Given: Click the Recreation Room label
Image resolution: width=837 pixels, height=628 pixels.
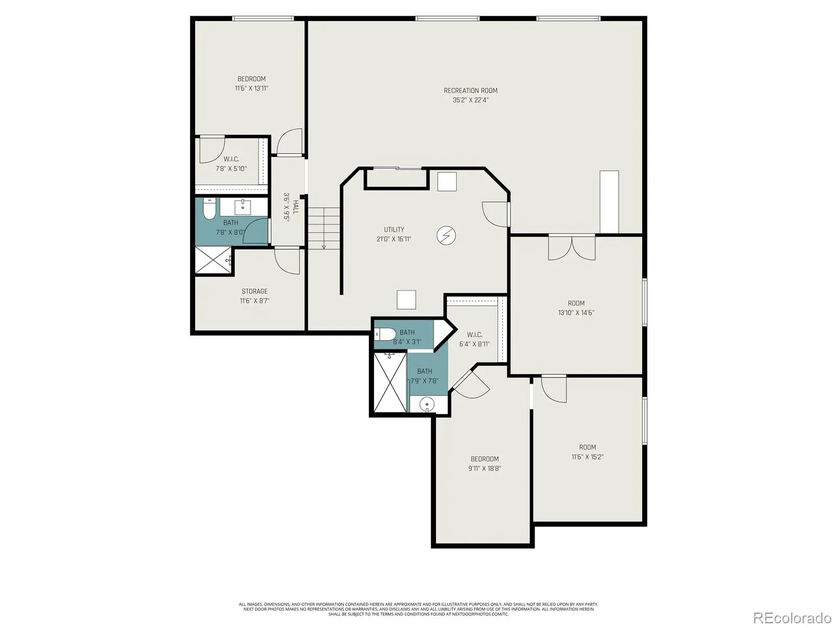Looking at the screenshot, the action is click(x=470, y=91).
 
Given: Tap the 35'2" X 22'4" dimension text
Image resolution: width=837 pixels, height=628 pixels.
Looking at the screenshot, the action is click(x=470, y=100).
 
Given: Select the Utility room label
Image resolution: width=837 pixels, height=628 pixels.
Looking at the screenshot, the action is click(x=394, y=230).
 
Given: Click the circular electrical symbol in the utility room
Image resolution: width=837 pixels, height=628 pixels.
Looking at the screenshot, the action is click(x=446, y=235).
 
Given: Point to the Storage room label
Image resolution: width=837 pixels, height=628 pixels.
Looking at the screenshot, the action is click(x=254, y=291).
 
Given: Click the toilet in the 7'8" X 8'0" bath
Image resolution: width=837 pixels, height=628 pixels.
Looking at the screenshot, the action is click(x=209, y=208).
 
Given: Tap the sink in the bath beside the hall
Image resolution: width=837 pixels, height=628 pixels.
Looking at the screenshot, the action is click(x=243, y=207).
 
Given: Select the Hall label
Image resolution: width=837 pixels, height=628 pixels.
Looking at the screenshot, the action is click(x=296, y=207).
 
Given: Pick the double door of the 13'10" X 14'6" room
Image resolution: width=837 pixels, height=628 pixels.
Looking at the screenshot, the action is click(x=572, y=248).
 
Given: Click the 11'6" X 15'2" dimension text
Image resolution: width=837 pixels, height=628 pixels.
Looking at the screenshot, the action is click(x=587, y=457).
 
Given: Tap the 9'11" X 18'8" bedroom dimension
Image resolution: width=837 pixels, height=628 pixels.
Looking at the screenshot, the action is click(x=484, y=468).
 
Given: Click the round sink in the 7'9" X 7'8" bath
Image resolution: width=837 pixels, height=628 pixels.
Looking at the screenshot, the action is click(x=427, y=404).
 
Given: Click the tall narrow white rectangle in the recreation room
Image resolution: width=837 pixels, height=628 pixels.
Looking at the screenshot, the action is click(x=609, y=201).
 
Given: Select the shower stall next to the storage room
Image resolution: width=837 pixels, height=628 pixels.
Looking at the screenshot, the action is click(x=213, y=260).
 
